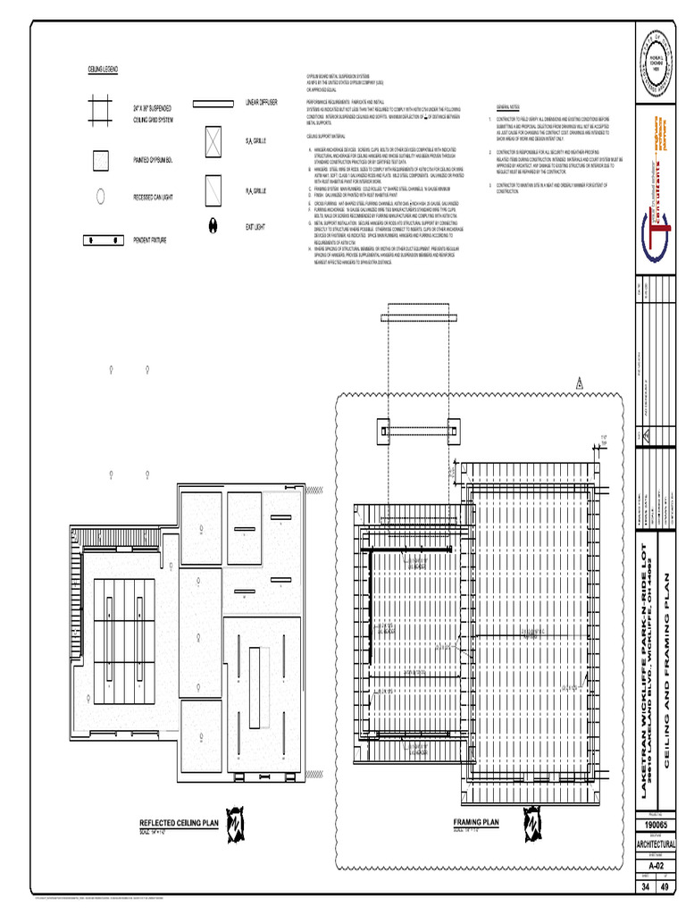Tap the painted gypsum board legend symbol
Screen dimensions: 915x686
click(101, 160)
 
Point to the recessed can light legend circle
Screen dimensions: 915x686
click(101, 195)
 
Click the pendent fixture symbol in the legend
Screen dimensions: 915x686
click(102, 240)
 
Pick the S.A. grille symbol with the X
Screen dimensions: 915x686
click(212, 141)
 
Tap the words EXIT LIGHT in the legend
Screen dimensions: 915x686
click(255, 227)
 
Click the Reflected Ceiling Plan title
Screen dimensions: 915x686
click(179, 823)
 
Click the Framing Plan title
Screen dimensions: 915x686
click(476, 822)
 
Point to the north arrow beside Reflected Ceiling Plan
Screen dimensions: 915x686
click(236, 821)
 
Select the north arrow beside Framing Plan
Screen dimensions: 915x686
click(533, 820)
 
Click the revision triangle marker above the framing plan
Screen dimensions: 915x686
click(578, 384)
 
